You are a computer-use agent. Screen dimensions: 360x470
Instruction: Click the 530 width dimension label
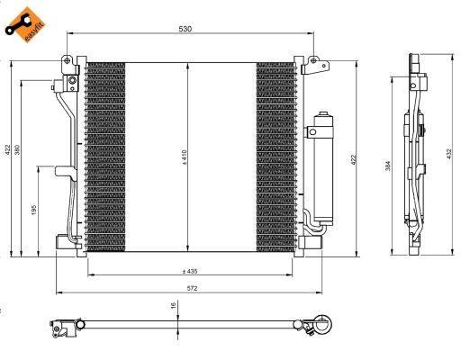[185, 30]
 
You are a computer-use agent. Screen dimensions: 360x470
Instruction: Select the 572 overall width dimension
[193, 288]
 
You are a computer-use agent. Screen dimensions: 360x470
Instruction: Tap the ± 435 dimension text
[189, 271]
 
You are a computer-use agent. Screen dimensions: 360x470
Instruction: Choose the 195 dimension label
[33, 210]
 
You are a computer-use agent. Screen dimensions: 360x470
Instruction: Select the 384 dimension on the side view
[388, 168]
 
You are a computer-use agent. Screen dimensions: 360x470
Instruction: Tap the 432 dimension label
[448, 155]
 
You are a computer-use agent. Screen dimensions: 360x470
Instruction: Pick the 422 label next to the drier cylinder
[354, 158]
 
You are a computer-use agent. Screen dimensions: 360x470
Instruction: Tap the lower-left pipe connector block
[67, 240]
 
